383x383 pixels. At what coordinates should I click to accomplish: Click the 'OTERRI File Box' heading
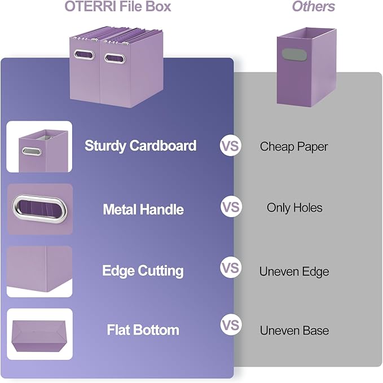click(118, 7)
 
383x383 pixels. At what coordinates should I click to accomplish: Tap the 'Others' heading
click(313, 7)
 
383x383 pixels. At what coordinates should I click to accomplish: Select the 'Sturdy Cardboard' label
click(140, 146)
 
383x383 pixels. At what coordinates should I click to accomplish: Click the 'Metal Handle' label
click(143, 209)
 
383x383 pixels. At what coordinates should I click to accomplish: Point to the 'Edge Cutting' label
click(143, 271)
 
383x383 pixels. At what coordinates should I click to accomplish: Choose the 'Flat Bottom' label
click(143, 330)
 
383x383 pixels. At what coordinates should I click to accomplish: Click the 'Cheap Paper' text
click(294, 147)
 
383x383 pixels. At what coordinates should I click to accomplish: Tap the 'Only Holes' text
click(294, 208)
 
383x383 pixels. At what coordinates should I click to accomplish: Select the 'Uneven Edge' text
click(294, 271)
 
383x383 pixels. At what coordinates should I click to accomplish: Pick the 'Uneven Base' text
click(294, 331)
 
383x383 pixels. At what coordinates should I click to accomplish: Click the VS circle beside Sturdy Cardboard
click(230, 146)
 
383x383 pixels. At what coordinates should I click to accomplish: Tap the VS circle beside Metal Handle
click(230, 207)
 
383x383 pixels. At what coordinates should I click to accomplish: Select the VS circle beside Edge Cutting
click(230, 267)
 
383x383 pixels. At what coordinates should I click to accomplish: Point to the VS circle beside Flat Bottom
click(230, 325)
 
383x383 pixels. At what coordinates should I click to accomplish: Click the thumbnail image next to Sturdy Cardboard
click(39, 147)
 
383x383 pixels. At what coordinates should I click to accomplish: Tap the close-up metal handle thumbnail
click(39, 209)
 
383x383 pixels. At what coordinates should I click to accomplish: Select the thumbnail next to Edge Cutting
click(39, 271)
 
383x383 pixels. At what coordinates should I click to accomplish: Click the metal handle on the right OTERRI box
click(115, 58)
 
